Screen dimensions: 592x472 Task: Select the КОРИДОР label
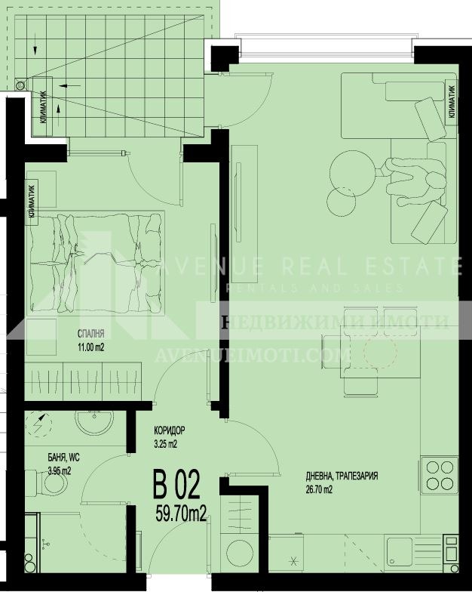click(x=168, y=432)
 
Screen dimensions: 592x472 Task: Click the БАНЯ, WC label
click(x=48, y=458)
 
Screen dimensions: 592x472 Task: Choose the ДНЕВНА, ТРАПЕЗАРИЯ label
click(x=342, y=476)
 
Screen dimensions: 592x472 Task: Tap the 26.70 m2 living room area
click(x=319, y=489)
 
